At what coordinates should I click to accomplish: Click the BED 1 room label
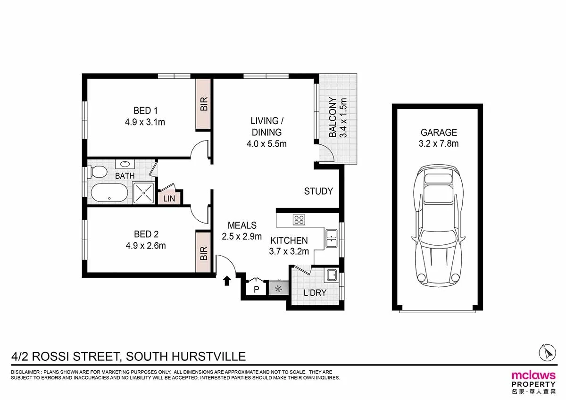[145, 111]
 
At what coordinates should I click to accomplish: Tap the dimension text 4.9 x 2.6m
[145, 245]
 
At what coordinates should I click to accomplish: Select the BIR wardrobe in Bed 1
[204, 104]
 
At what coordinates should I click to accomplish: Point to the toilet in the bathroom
[97, 170]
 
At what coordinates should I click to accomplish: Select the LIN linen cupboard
[169, 199]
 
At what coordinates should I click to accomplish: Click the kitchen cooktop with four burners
[299, 219]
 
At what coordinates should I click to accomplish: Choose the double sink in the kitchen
[331, 239]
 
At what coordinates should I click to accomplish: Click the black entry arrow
[227, 281]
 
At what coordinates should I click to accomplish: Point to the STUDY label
[318, 191]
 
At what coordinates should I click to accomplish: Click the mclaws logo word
[533, 375]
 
